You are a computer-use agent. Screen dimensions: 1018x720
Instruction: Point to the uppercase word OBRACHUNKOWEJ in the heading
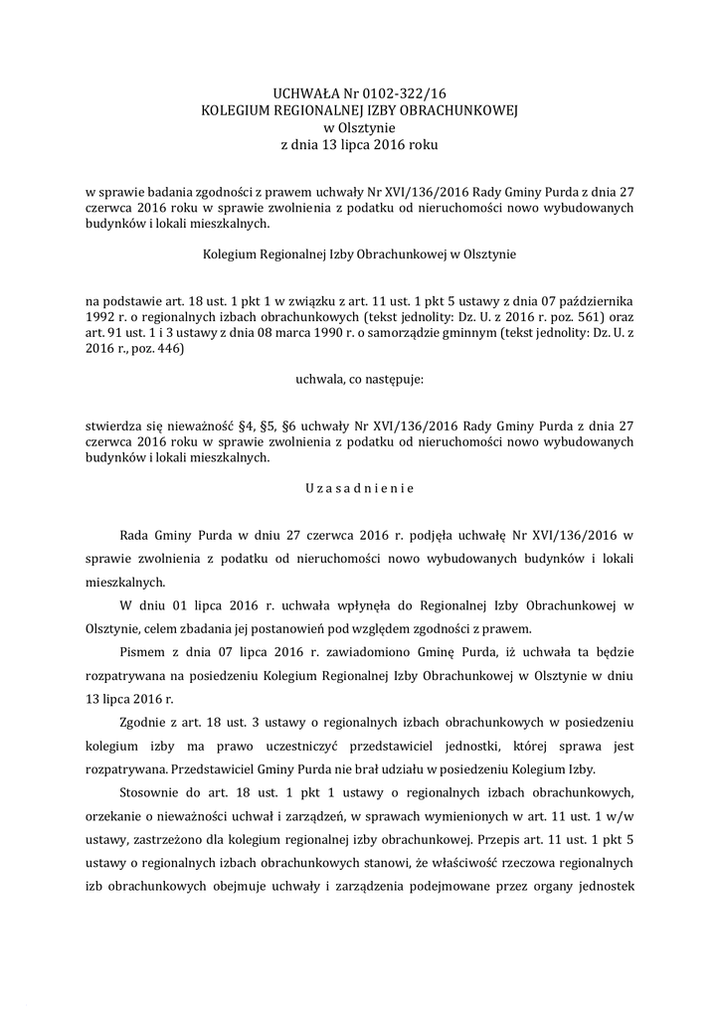coord(459,110)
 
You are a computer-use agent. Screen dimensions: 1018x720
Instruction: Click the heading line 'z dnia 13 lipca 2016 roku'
coord(359,144)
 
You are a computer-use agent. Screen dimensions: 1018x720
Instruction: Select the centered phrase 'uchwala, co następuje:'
coord(359,379)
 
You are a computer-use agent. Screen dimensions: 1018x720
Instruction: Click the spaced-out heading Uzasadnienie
coord(359,488)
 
